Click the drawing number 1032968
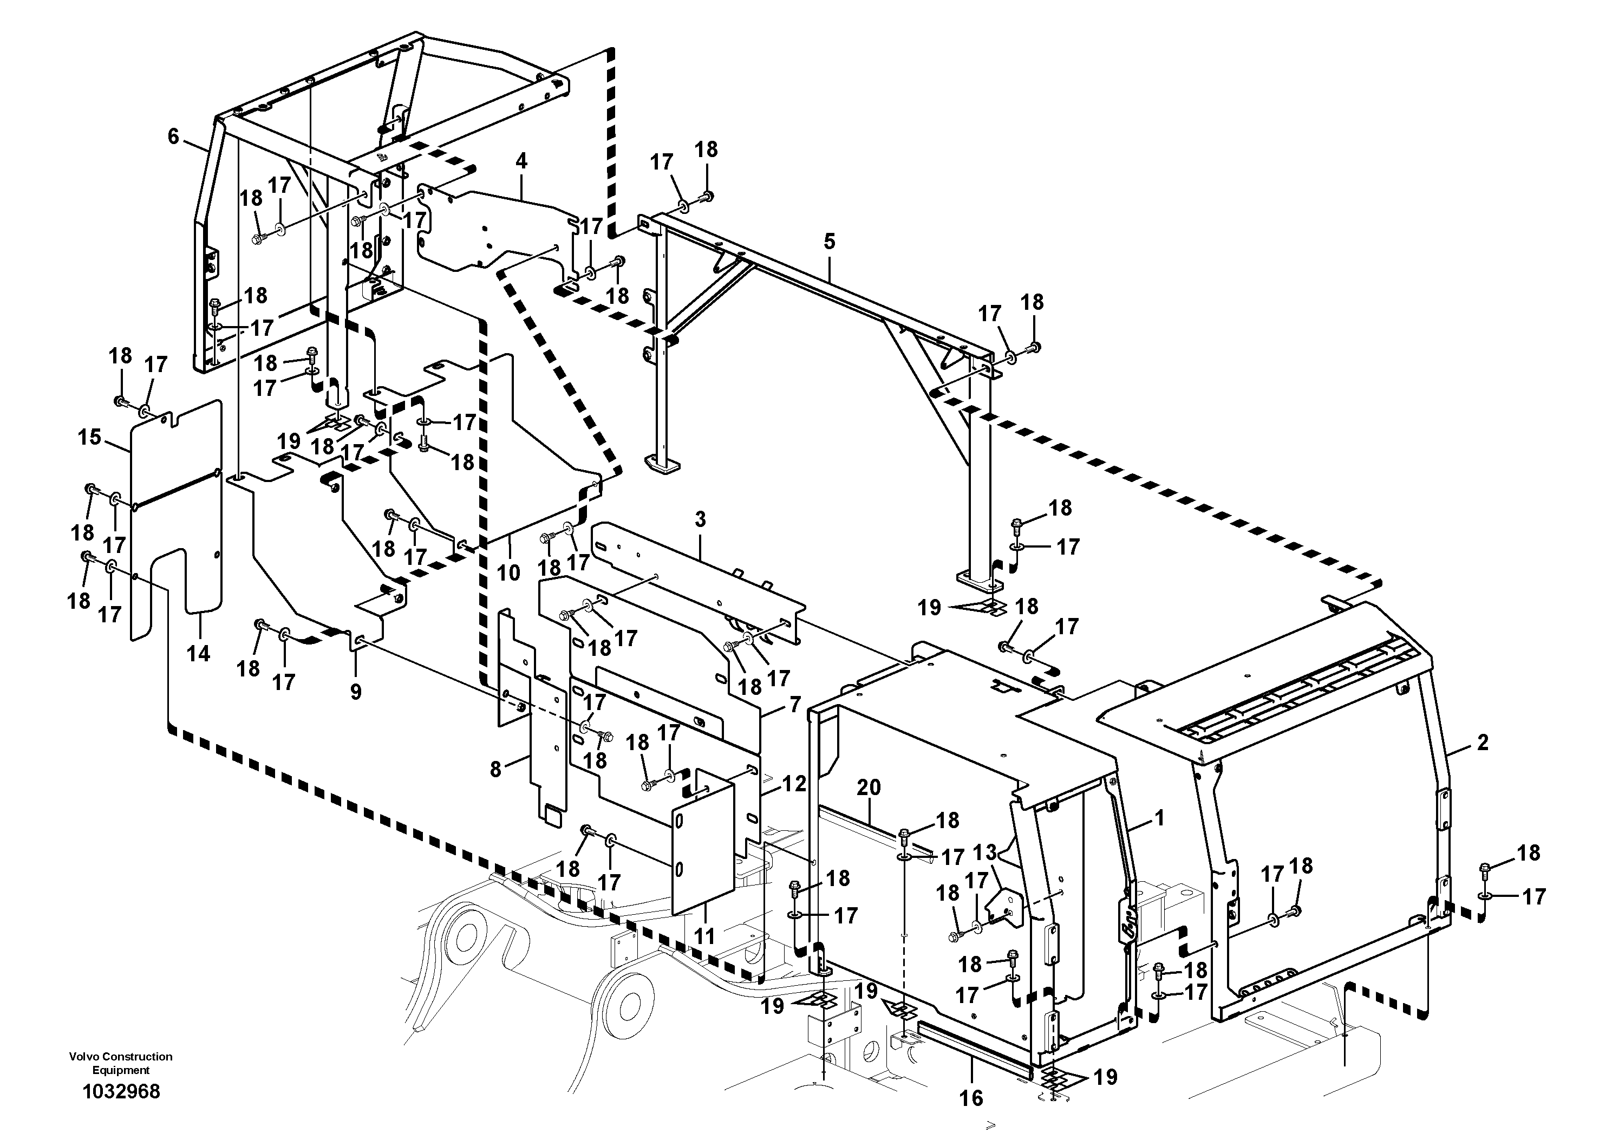(x=121, y=1091)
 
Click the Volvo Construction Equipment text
(x=121, y=1063)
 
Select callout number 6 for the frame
(x=173, y=136)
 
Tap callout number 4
(x=521, y=161)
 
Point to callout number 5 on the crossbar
(x=829, y=242)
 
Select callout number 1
(x=1159, y=818)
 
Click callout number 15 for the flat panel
(x=89, y=438)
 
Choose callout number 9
(x=356, y=692)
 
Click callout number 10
(x=508, y=572)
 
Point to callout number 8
(x=495, y=770)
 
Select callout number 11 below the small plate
(x=704, y=935)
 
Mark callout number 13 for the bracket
(x=985, y=852)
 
